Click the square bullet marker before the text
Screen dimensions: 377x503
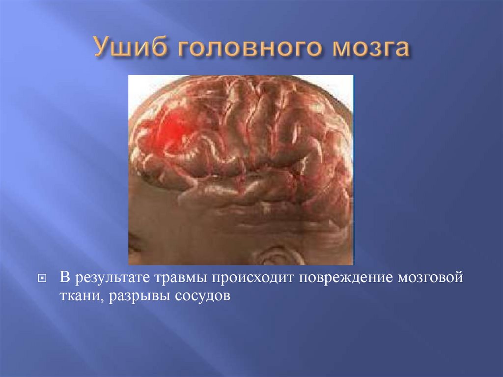43,279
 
